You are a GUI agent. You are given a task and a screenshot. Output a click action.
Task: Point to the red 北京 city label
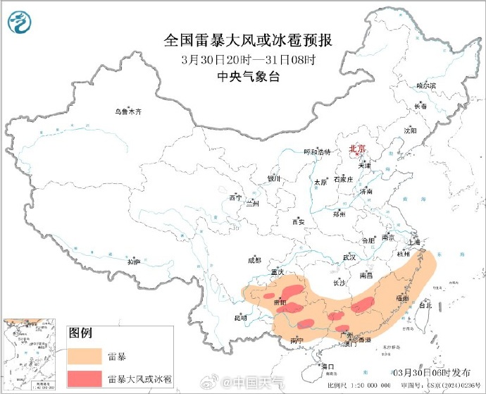(359, 149)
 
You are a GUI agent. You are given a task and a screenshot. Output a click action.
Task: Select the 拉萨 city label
(134, 262)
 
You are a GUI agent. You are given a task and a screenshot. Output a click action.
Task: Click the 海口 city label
(327, 367)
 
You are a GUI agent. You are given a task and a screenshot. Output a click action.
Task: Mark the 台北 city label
(425, 306)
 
